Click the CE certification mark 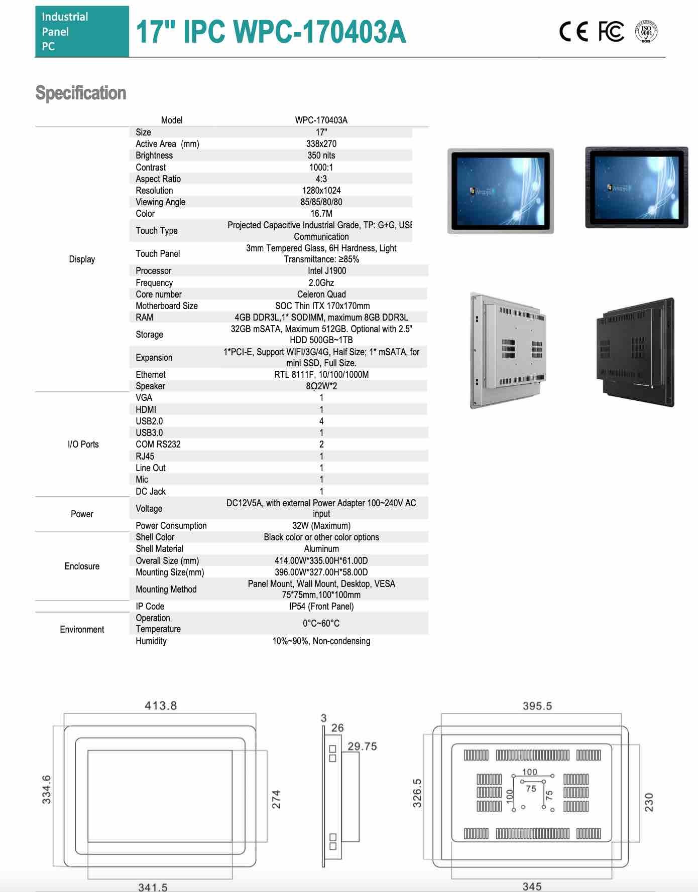tap(573, 32)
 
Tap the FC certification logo tap(611, 32)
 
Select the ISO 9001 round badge tap(646, 31)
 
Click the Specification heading tap(81, 93)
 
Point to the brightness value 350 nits tap(321, 156)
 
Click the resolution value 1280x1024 tap(321, 191)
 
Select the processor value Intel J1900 tap(327, 271)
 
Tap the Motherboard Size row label tap(167, 306)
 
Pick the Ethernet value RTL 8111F tap(321, 375)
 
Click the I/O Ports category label tap(83, 444)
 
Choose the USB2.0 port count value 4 tap(321, 421)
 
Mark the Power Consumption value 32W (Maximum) tap(321, 526)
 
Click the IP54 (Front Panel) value tap(321, 607)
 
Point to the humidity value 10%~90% tap(321, 641)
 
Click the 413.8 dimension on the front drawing tap(161, 706)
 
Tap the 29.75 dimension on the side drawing tap(362, 747)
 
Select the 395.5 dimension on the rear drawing tap(537, 706)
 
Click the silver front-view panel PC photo tap(501, 191)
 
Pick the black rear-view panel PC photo tap(635, 352)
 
